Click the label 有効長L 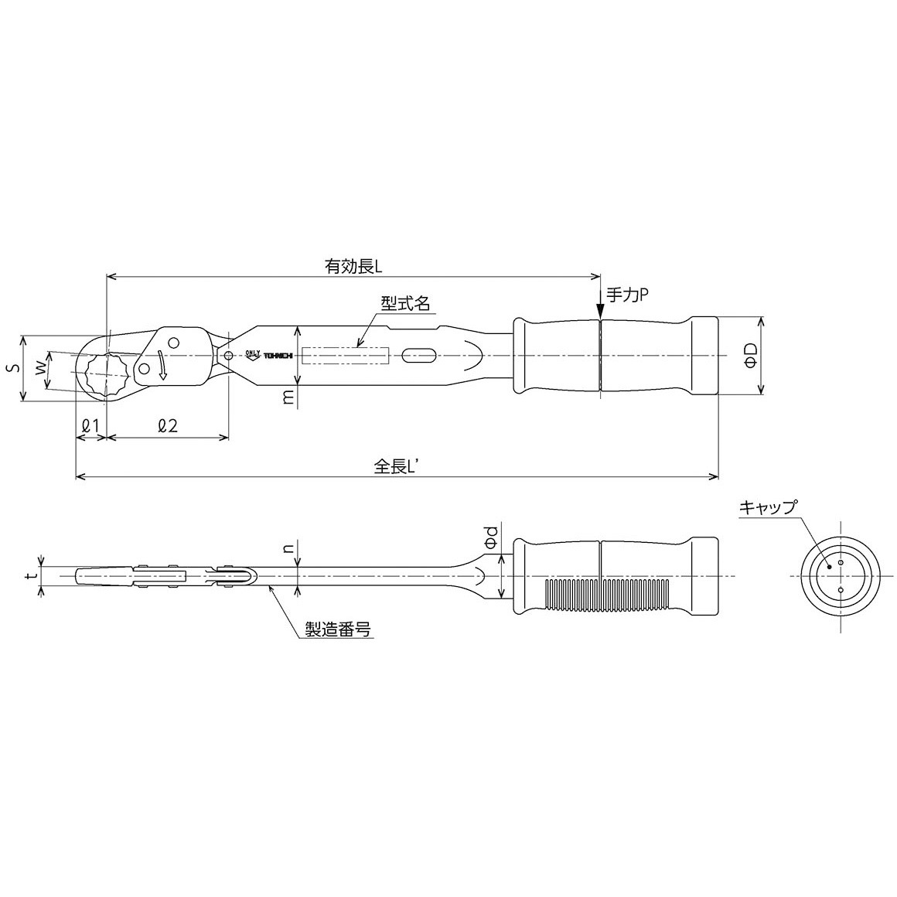pos(353,267)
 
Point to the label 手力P pos(628,295)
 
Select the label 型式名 pos(406,302)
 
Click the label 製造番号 pos(337,629)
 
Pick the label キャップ pos(767,506)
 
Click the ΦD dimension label pos(752,355)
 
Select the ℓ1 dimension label pos(91,425)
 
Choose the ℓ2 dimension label pos(168,425)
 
